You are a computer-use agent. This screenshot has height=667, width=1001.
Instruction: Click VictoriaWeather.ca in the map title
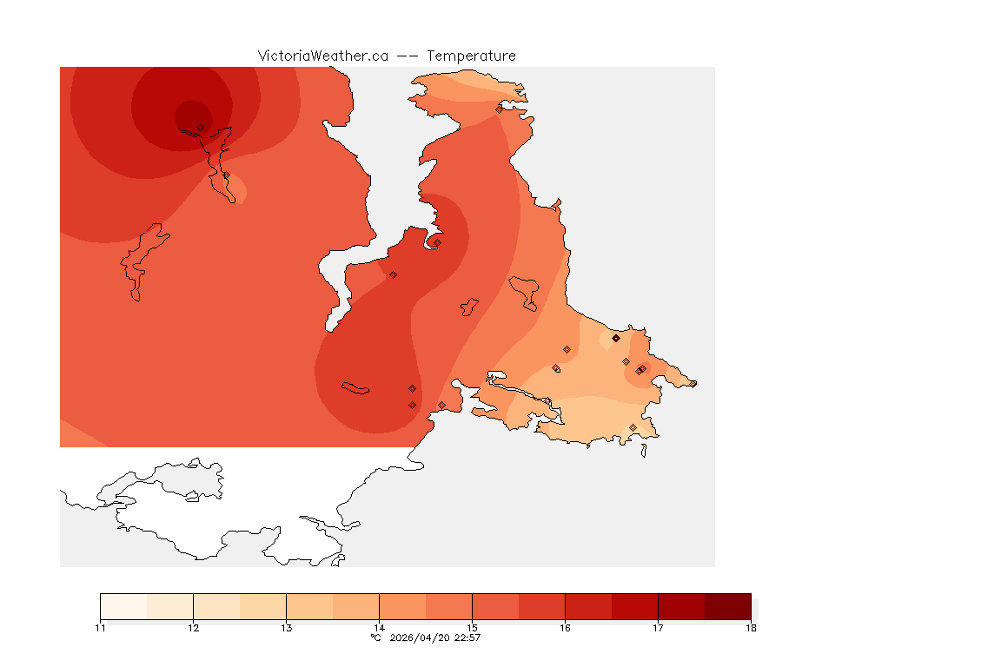click(322, 56)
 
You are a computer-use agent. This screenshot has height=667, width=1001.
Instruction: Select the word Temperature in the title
click(471, 56)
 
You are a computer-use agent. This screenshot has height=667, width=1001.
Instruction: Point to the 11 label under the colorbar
click(101, 627)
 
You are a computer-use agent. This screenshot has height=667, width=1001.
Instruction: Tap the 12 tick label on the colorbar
click(193, 627)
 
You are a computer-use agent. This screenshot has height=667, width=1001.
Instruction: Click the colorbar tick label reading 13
click(286, 627)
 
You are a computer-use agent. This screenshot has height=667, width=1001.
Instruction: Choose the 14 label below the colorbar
click(379, 627)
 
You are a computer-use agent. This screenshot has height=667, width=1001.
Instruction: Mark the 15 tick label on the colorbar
click(472, 627)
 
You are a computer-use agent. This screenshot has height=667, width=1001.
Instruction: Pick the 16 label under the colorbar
click(565, 627)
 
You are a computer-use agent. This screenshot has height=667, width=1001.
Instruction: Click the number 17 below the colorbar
click(658, 627)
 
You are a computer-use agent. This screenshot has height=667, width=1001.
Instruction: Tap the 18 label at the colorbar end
click(751, 627)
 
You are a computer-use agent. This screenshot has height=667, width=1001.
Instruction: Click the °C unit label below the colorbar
click(375, 637)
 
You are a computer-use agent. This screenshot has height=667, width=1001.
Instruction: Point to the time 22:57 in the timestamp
click(467, 637)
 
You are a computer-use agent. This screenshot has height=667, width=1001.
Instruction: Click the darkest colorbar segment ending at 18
click(727, 606)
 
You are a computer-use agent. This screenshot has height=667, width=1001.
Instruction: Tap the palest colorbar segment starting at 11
click(123, 606)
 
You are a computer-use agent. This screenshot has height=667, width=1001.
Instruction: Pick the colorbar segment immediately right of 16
click(588, 606)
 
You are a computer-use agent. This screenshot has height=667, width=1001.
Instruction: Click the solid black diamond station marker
click(616, 338)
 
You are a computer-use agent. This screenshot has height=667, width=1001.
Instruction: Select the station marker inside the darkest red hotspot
click(200, 127)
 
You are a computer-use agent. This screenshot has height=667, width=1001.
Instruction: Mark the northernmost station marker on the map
click(499, 109)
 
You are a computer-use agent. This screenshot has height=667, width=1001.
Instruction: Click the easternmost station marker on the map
click(693, 383)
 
